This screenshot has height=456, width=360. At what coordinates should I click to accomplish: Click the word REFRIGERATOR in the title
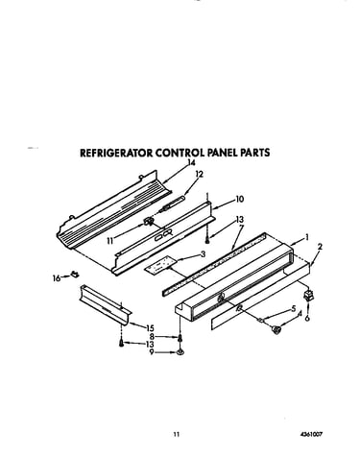point(116,153)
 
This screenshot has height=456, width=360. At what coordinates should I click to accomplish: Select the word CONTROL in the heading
point(180,153)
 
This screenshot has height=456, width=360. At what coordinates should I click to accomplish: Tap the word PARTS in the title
point(255,153)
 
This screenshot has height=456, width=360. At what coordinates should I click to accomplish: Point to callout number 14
point(191,162)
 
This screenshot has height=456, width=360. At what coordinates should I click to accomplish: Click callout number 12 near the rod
point(200,174)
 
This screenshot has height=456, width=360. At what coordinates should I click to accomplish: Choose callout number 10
point(240,199)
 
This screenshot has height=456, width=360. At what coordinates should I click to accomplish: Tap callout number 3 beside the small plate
point(203,254)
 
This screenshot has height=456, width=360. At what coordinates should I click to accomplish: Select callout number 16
point(57,278)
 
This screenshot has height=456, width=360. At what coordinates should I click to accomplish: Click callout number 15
point(150,328)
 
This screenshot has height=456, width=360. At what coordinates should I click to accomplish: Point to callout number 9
point(152,352)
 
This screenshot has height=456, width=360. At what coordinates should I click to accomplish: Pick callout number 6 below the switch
point(307,319)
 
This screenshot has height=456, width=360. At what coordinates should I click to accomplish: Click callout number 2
point(320,247)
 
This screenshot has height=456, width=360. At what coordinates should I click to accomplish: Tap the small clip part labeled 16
point(75,275)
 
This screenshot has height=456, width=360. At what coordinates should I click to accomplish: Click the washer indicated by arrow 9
point(180,352)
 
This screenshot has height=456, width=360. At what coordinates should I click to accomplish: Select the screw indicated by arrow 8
point(180,337)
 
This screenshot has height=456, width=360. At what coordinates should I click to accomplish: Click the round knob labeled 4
point(276,329)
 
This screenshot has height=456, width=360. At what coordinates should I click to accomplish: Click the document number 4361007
point(311,434)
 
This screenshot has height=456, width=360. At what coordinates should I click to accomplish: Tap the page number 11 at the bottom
point(177,434)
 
